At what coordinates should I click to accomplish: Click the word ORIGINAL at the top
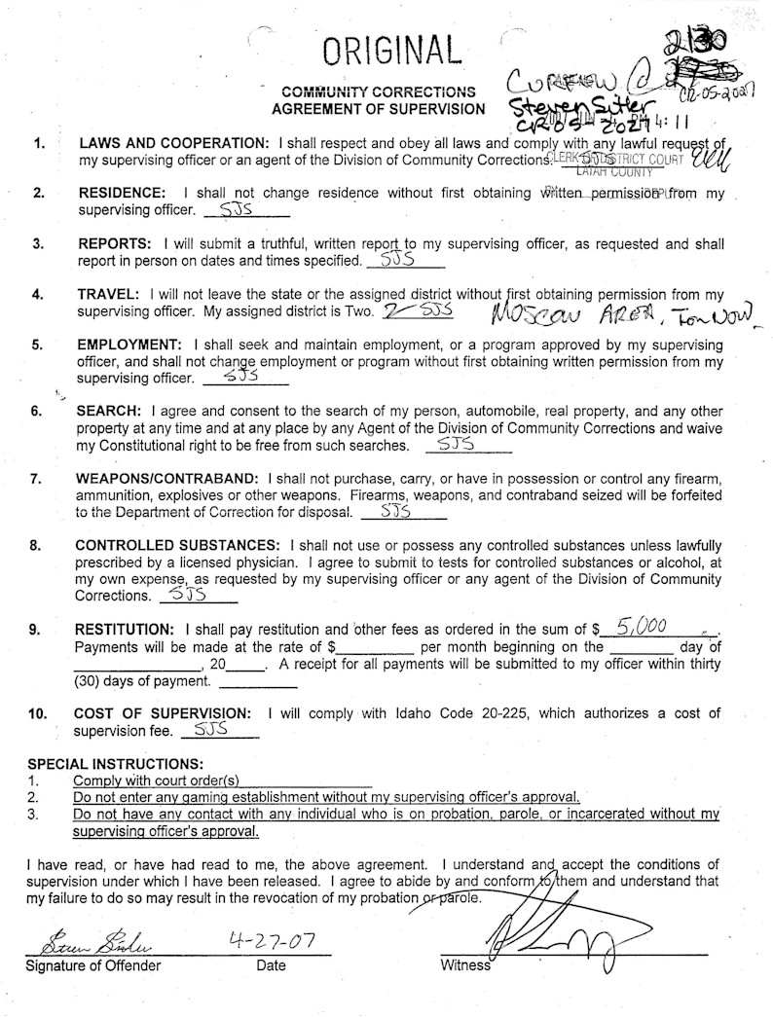(x=392, y=48)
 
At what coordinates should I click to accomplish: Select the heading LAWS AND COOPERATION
(x=174, y=144)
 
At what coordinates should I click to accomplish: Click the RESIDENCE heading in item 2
(x=121, y=193)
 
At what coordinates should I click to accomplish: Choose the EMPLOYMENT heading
(x=131, y=345)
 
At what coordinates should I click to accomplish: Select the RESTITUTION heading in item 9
(x=126, y=629)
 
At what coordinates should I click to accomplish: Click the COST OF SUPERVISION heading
(x=164, y=713)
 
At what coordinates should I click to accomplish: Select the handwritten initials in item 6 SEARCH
(x=456, y=444)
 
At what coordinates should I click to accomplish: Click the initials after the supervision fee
(x=211, y=729)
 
